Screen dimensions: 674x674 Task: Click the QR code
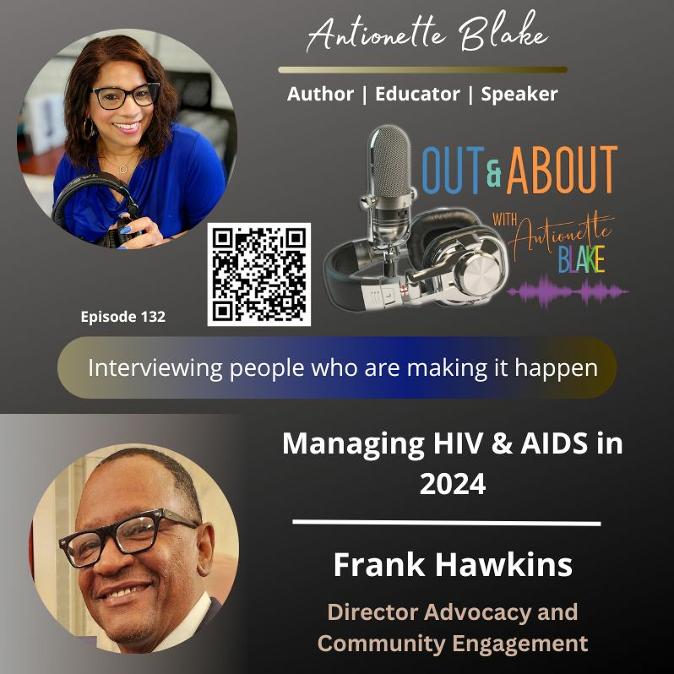pos(259,275)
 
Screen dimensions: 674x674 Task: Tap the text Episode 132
pos(123,317)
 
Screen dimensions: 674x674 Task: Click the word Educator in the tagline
pos(417,94)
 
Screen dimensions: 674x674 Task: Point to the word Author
pos(320,94)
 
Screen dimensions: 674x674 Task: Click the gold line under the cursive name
pos(423,70)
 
